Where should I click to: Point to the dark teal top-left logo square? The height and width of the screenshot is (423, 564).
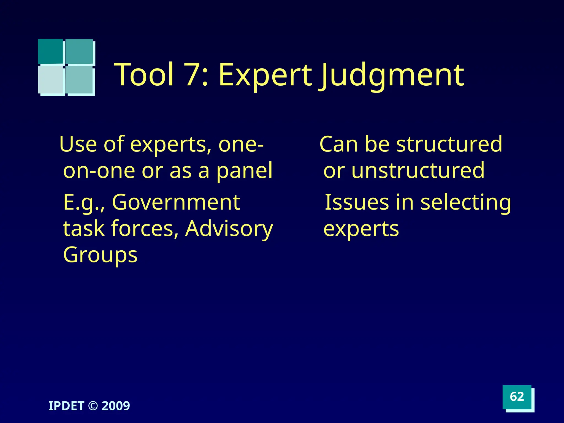pyautogui.click(x=50, y=51)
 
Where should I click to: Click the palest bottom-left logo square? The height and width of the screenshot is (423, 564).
pyautogui.click(x=51, y=80)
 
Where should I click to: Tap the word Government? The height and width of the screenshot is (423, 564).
pyautogui.click(x=176, y=202)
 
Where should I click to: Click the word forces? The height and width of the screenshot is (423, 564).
pyautogui.click(x=142, y=229)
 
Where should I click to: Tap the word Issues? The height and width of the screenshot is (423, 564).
pyautogui.click(x=357, y=202)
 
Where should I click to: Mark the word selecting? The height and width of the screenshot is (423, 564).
pyautogui.click(x=466, y=202)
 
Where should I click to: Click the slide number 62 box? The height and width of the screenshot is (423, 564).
pyautogui.click(x=517, y=397)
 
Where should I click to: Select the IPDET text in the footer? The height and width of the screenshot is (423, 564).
pyautogui.click(x=66, y=406)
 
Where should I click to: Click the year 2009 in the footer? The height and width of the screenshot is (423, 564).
pyautogui.click(x=116, y=406)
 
